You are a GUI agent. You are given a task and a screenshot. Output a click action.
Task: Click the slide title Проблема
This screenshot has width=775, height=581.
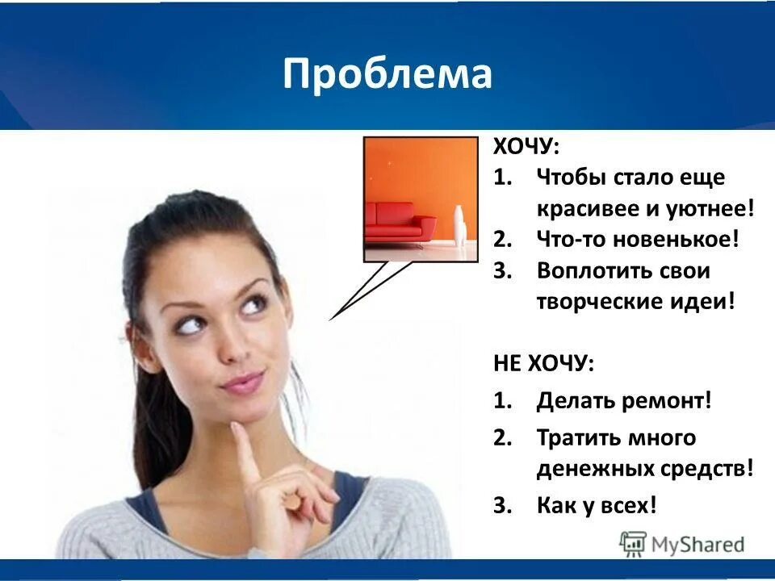point(387,74)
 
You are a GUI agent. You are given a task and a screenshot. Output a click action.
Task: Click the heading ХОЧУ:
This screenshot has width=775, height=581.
point(526,148)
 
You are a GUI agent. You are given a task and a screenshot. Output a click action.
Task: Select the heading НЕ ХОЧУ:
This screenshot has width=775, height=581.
point(543,363)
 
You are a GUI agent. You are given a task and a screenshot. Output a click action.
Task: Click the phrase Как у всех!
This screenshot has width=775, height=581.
point(597,506)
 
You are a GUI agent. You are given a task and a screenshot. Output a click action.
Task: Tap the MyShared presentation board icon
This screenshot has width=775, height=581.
point(634,544)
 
